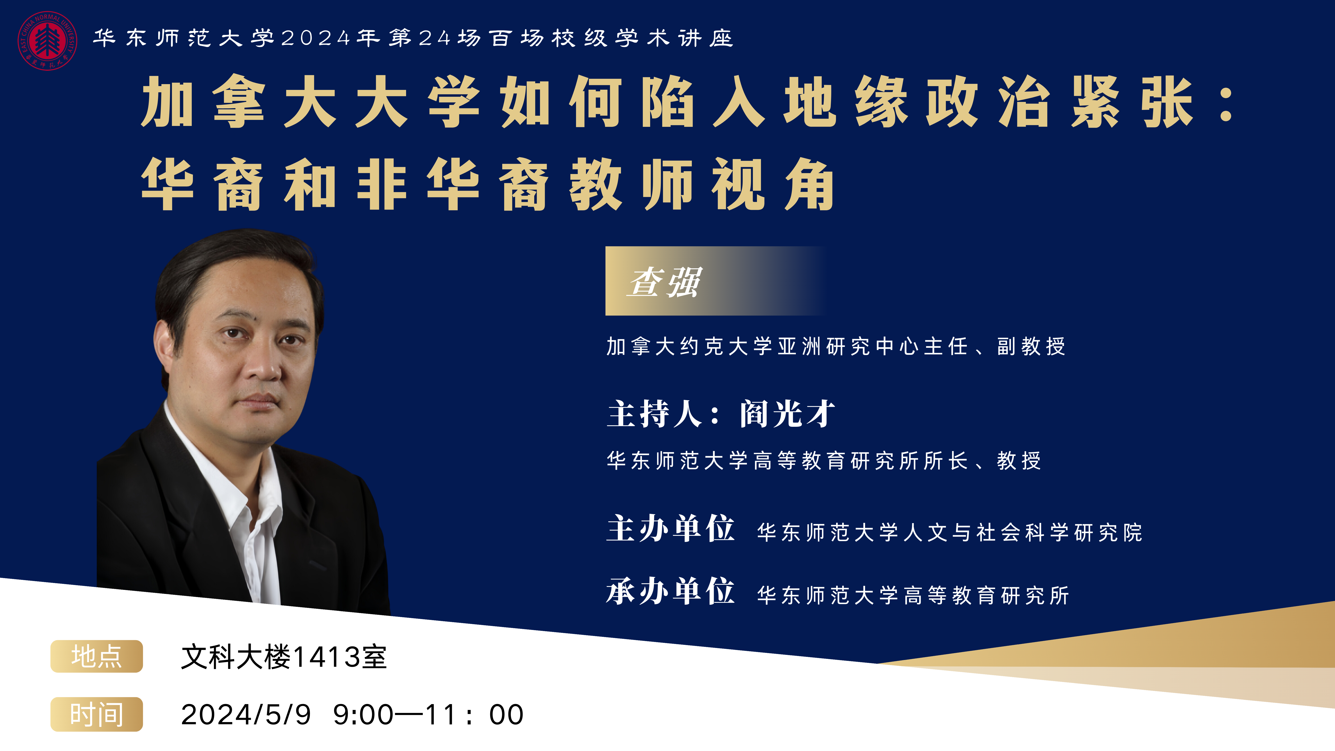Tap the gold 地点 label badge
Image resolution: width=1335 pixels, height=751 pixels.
coord(96,656)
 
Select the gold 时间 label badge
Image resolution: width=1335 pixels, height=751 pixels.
coord(96,714)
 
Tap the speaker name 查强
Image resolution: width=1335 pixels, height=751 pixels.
coord(665,282)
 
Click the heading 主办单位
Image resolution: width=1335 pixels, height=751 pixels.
coord(671,529)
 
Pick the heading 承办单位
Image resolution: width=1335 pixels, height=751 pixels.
coord(671,591)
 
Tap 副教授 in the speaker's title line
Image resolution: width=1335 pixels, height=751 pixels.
coord(1031,346)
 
